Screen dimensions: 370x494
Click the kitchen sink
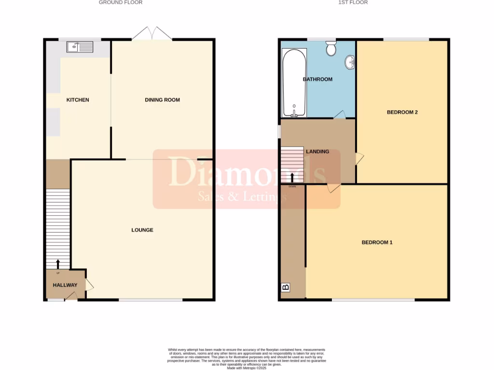81,47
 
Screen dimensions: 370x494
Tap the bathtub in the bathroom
294,82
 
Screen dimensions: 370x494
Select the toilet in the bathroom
331,48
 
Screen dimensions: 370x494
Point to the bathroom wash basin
350,62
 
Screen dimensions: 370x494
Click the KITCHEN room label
78,100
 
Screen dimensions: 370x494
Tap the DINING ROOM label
162,100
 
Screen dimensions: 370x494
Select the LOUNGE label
142,230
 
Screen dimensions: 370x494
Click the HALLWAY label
65,285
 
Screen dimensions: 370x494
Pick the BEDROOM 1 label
377,242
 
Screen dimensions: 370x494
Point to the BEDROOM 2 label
402,112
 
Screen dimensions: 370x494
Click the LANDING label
317,151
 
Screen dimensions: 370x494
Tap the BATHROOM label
317,79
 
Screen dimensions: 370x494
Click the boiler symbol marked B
286,288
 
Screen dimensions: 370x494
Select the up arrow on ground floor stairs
58,264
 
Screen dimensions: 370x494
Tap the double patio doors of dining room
152,34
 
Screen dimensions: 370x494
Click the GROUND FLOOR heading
121,2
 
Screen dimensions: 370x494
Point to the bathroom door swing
340,115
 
